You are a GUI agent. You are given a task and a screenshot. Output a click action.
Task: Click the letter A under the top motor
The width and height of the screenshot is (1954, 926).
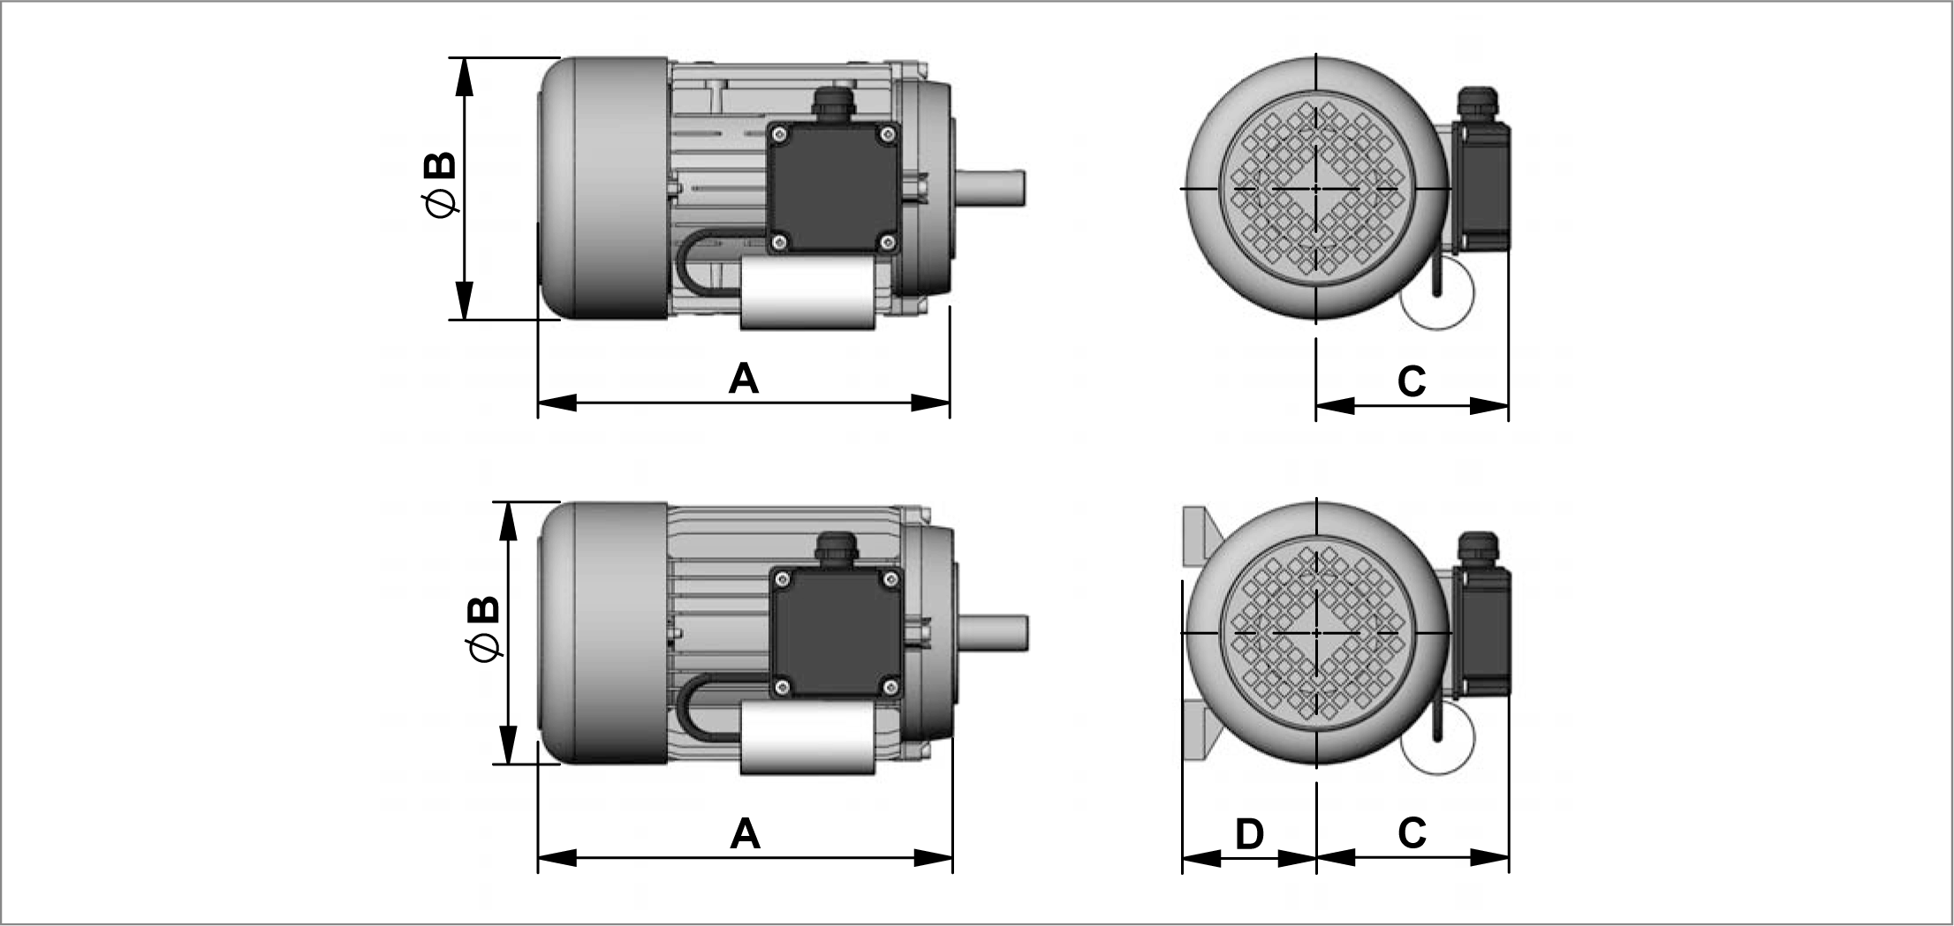tap(744, 379)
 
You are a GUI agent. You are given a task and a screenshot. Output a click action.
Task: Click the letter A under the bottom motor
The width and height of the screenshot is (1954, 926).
tap(745, 833)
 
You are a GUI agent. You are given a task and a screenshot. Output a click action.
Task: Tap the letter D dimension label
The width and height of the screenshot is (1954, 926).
tap(1249, 833)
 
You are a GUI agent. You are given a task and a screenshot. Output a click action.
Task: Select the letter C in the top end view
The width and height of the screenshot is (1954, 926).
tap(1412, 381)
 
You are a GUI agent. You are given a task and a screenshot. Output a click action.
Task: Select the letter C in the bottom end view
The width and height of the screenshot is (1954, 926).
tap(1412, 832)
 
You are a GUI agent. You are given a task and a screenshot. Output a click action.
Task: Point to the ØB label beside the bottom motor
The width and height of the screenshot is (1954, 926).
tap(484, 628)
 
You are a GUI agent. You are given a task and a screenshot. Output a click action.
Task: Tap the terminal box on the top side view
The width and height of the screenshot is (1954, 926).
tap(833, 188)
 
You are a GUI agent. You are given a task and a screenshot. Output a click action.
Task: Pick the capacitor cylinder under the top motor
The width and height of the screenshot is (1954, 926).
tap(807, 294)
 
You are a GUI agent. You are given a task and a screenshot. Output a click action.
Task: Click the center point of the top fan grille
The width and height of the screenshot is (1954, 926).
tap(1316, 189)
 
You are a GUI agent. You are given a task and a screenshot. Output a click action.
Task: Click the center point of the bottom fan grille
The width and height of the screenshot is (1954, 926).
tap(1316, 633)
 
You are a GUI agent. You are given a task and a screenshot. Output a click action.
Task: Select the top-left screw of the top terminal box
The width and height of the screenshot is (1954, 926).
tap(777, 134)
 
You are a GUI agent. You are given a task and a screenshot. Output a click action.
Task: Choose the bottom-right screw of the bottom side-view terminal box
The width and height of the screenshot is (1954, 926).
tap(891, 686)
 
